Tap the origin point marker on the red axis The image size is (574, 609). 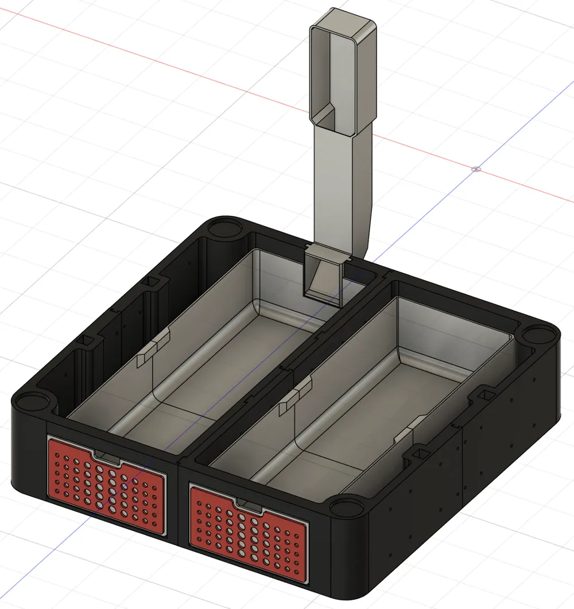[x=476, y=169]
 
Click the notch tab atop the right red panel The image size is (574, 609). [x=248, y=503]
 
